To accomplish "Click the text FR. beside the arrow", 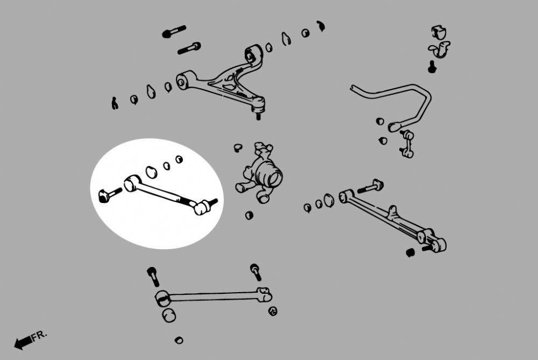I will pyautogui.click(x=39, y=336).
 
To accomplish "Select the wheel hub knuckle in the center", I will pyautogui.click(x=264, y=172).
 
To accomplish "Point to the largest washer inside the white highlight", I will pyautogui.click(x=151, y=172).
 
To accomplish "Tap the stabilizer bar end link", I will pyautogui.click(x=407, y=144).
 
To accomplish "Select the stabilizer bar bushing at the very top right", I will pyautogui.click(x=439, y=32).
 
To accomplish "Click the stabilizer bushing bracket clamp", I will pyautogui.click(x=438, y=50).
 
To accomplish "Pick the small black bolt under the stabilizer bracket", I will pyautogui.click(x=431, y=67).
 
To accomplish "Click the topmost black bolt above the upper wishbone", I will pyautogui.click(x=174, y=32).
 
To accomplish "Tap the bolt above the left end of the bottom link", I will pyautogui.click(x=153, y=276).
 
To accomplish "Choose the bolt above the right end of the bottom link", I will pyautogui.click(x=256, y=271).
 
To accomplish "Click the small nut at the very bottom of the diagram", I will pyautogui.click(x=179, y=340).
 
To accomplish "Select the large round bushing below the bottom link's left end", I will pyautogui.click(x=169, y=315).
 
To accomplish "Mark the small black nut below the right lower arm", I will pyautogui.click(x=410, y=252).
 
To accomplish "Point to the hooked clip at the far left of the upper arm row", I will pyautogui.click(x=115, y=103).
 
